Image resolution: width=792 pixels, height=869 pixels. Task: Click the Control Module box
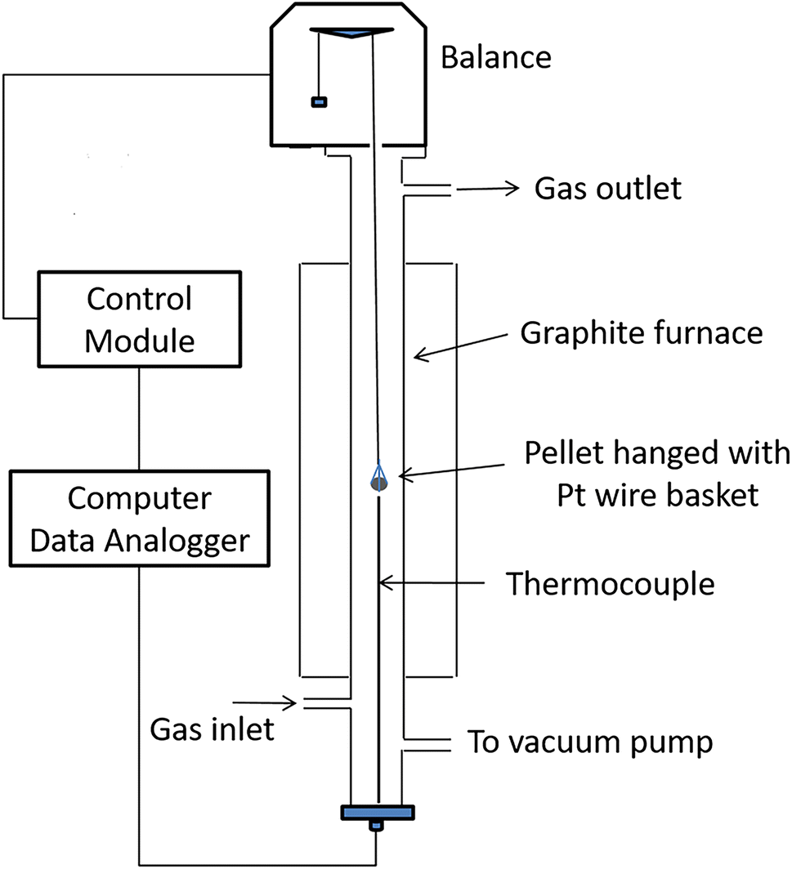[140, 319]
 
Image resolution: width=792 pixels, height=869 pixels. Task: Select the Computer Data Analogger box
[139, 518]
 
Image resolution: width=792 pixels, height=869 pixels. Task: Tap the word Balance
[496, 58]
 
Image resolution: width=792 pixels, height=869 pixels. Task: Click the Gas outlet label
[607, 189]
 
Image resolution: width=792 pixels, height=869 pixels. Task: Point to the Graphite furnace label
[641, 333]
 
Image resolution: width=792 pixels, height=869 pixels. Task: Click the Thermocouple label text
[610, 584]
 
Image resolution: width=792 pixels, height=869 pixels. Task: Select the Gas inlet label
[213, 729]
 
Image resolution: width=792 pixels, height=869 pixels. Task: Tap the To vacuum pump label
[589, 742]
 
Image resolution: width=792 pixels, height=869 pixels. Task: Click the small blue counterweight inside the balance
[318, 102]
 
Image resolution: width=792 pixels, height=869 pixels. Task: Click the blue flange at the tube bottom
[378, 812]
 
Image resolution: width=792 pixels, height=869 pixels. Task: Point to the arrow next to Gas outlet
[488, 189]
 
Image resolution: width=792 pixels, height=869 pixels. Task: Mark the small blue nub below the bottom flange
[377, 826]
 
